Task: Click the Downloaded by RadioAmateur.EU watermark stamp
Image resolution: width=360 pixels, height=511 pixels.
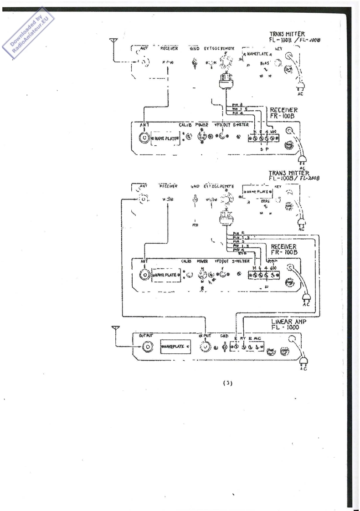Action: [31, 31]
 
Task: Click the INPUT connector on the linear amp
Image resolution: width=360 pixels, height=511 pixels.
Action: [206, 347]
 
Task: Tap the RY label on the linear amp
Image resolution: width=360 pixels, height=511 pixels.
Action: [243, 338]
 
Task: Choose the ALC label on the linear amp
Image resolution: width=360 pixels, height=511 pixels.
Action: [258, 338]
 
